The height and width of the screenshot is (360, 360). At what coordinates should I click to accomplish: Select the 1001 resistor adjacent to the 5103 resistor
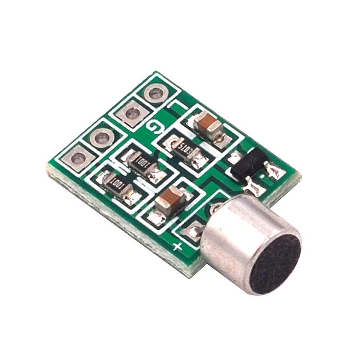[x=141, y=164]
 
